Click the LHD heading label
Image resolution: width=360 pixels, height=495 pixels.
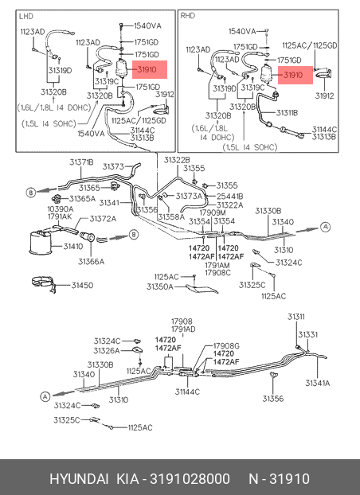point(26,16)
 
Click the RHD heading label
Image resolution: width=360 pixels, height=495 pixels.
point(188,15)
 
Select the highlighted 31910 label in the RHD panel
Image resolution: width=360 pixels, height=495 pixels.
point(295,75)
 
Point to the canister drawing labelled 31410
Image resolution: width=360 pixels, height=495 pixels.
point(41,242)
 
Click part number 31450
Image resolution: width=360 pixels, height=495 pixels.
point(82,286)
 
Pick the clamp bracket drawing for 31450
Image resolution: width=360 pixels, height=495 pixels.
point(45,284)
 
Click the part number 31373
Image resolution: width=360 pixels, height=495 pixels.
point(113,166)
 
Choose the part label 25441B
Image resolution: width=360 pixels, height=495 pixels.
point(230,197)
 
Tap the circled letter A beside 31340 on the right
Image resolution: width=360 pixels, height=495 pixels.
point(325,227)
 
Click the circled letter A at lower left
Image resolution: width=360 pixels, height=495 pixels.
point(45,396)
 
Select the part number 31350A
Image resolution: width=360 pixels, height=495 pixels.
point(160,286)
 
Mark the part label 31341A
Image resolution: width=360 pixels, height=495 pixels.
point(317,383)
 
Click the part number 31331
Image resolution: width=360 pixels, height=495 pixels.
point(308,334)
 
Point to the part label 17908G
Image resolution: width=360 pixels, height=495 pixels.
point(226,346)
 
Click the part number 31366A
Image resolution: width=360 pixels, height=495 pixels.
point(91,262)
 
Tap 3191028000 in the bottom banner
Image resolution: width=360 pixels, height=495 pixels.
point(190,479)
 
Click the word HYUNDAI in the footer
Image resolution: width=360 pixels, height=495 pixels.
point(79,479)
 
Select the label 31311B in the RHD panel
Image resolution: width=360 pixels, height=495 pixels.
point(287,113)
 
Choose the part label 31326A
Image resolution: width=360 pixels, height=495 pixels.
point(107,351)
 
